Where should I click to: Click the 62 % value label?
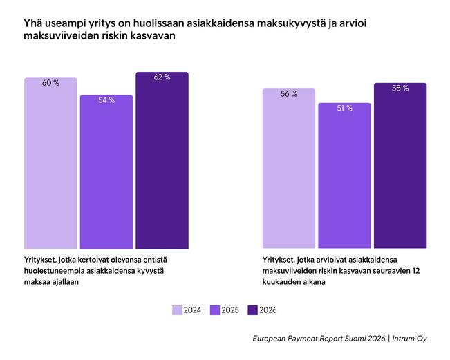pos(162,77)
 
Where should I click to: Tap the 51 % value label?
pos(344,108)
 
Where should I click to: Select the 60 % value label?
pos(50,83)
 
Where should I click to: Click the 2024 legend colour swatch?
pos(177,310)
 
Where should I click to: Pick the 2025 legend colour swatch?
pos(214,310)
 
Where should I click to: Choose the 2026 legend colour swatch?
pos(252,310)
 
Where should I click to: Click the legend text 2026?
pos(268,310)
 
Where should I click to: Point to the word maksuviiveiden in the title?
pos(57,37)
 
